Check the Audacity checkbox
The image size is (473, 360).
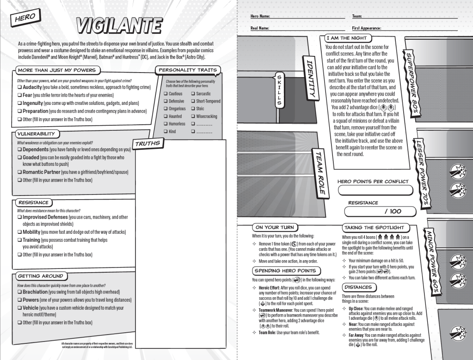[20, 87]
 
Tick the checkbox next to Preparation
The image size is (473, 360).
[20, 111]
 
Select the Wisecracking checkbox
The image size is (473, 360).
[193, 116]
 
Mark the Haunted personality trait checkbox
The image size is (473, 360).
[166, 116]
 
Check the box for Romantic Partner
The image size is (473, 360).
[20, 172]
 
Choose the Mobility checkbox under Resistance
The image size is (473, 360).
[20, 232]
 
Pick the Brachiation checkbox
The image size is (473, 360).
[20, 292]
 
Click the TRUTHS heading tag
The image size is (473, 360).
[147, 144]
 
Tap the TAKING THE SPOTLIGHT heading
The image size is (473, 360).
[374, 227]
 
